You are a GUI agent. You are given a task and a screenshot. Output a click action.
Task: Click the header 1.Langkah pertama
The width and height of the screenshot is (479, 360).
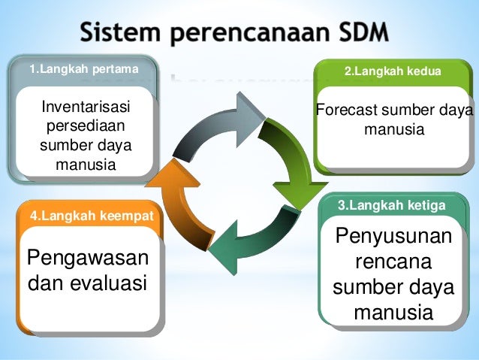pos(84,70)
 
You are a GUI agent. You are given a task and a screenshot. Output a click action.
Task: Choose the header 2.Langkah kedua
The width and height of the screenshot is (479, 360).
pos(392,71)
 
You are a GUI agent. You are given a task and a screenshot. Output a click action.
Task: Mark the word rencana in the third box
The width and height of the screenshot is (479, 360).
pos(393,263)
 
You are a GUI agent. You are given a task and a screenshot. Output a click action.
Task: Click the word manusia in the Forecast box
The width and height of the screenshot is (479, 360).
pos(393,130)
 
